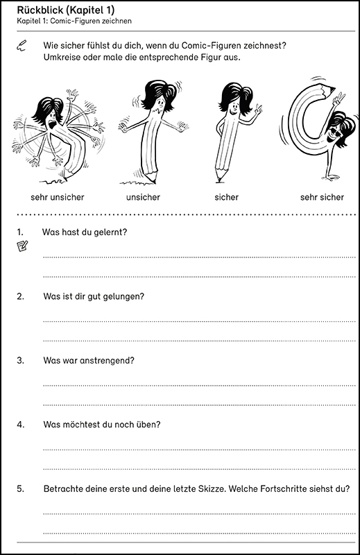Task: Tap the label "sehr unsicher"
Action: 58,197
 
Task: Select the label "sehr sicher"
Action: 322,197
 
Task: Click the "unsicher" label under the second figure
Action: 143,197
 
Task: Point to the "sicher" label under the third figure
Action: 227,197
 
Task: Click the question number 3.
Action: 20,360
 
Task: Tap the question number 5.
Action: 20,489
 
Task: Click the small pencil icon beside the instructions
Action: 22,46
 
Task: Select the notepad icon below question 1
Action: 22,246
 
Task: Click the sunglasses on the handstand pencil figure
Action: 335,133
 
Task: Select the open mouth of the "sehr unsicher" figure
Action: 53,125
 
